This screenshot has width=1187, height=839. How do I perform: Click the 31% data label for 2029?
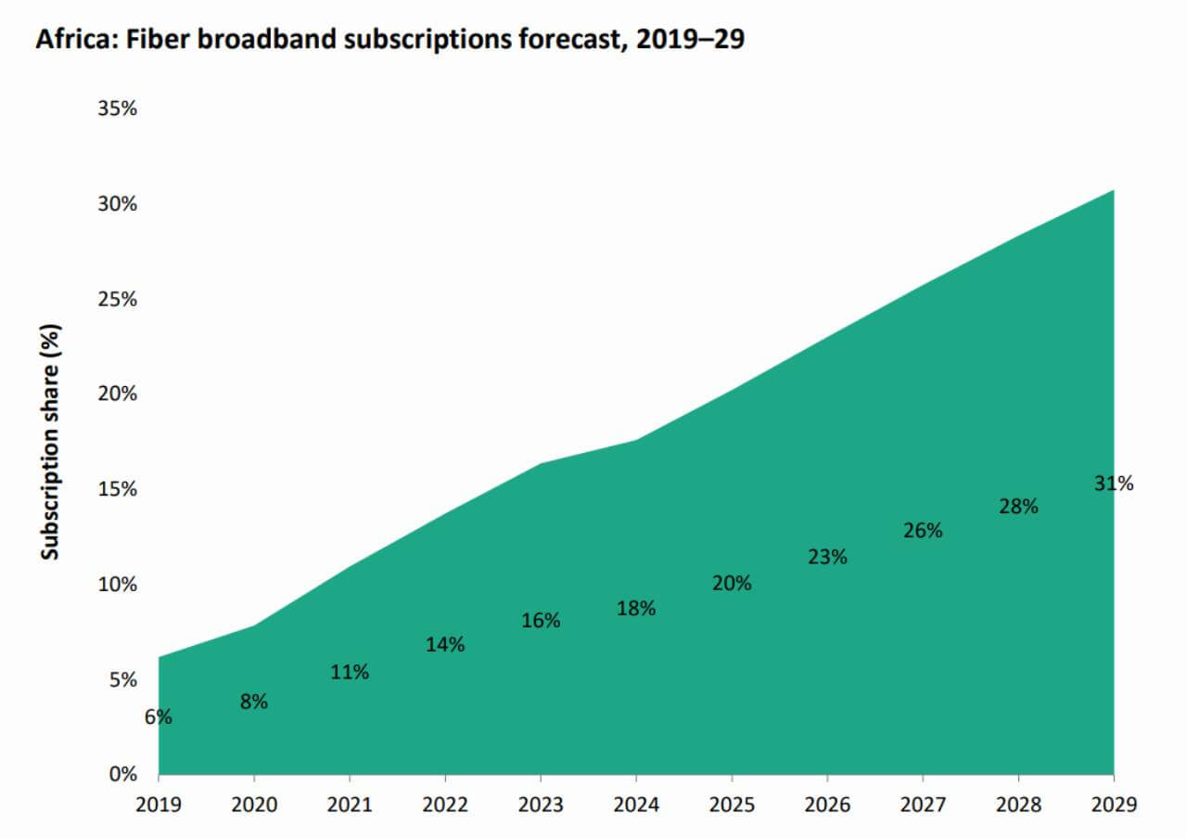[x=1114, y=484]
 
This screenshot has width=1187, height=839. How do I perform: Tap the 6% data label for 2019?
[x=158, y=717]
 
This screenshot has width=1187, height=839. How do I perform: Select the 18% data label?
[x=636, y=609]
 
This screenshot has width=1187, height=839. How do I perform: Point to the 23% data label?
[x=827, y=558]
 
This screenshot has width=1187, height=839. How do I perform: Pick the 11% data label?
[x=350, y=672]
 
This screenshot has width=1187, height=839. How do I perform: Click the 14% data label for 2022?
[x=445, y=644]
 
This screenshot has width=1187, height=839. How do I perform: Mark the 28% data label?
[x=1018, y=507]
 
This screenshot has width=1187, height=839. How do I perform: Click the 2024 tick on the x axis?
[x=636, y=803]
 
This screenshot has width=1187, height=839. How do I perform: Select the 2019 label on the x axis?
[x=159, y=803]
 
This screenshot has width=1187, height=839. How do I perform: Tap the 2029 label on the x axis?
[x=1114, y=803]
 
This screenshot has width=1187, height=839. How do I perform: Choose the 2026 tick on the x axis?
[x=827, y=803]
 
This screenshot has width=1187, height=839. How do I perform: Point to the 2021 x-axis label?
[x=350, y=803]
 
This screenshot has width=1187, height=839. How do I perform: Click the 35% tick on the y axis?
[x=117, y=109]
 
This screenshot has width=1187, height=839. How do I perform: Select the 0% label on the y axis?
[x=122, y=774]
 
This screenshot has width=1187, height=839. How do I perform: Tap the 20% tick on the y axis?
[x=117, y=394]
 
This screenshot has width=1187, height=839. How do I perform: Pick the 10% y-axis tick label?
[x=117, y=585]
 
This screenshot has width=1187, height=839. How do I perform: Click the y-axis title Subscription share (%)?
[x=50, y=441]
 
